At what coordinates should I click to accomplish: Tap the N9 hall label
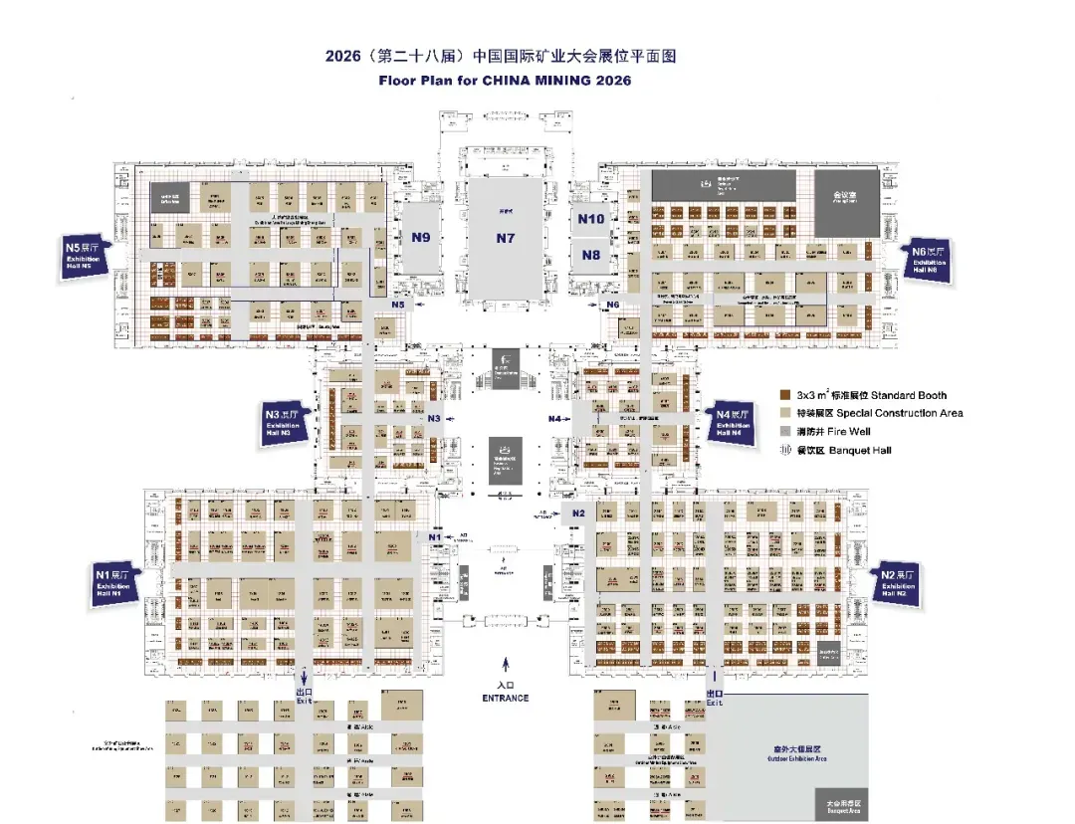pyautogui.click(x=421, y=238)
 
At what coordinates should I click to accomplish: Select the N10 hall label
pyautogui.click(x=591, y=220)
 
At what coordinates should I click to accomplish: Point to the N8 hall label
pyautogui.click(x=591, y=255)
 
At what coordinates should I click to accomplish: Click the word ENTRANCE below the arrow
pyautogui.click(x=506, y=698)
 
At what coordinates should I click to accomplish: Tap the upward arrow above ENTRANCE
pyautogui.click(x=506, y=665)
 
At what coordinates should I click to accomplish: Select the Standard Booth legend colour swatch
pyautogui.click(x=785, y=395)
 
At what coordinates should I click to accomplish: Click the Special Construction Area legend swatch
pyautogui.click(x=785, y=413)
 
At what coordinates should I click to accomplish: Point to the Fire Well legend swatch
pyautogui.click(x=785, y=431)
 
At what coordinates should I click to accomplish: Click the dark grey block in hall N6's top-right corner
pyautogui.click(x=846, y=203)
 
